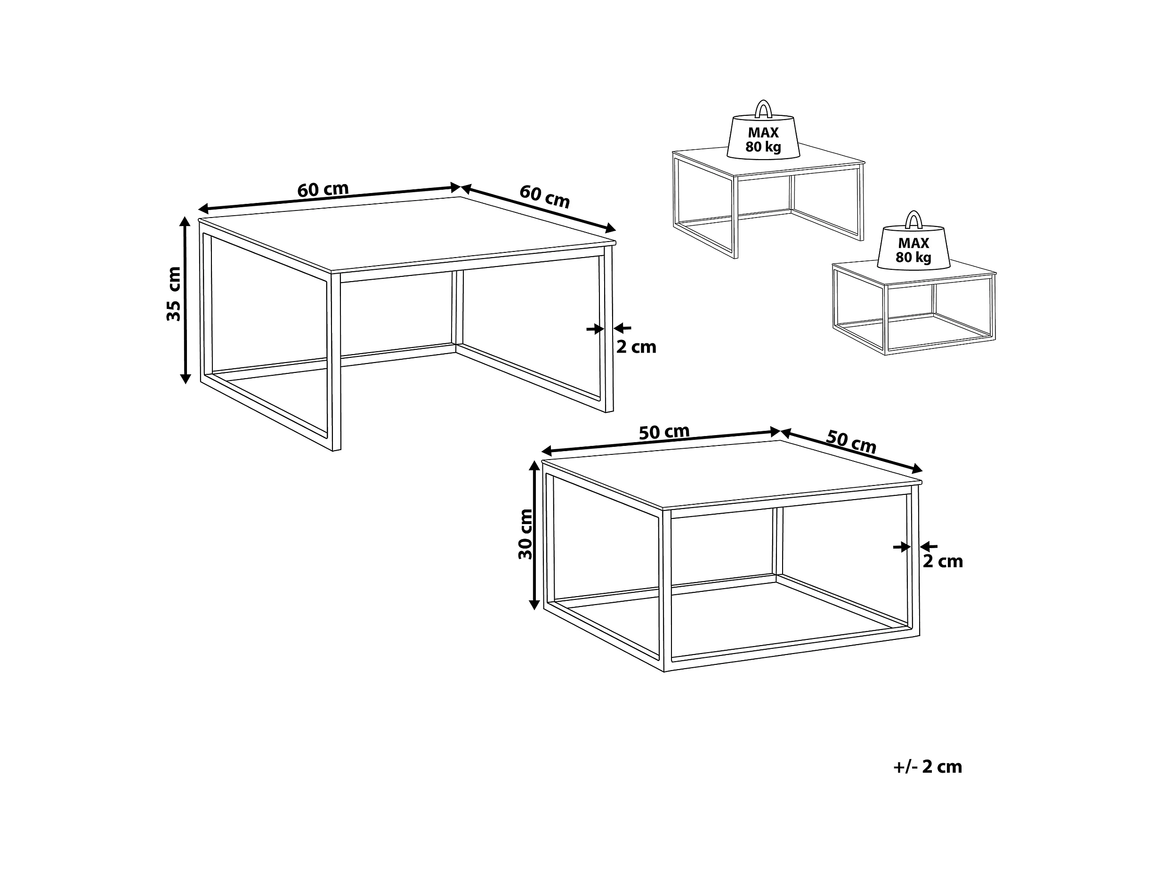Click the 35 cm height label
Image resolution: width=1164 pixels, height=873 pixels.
coord(174,294)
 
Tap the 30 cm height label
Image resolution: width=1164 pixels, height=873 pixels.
coord(525,534)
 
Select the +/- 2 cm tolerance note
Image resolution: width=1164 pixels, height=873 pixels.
coord(927,767)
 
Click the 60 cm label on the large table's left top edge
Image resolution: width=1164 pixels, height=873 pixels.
coord(323,189)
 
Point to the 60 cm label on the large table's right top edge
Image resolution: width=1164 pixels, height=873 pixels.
coord(545,197)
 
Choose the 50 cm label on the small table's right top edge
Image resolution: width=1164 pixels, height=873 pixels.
coord(851,442)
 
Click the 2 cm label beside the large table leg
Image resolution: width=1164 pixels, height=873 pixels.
coord(636,348)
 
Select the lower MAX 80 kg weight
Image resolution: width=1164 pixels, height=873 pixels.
coord(913,246)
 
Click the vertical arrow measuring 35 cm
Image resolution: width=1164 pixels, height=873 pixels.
coord(185,300)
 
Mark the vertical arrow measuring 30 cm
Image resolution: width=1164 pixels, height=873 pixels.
coord(534,535)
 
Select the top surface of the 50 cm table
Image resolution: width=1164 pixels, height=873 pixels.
coord(731,474)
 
